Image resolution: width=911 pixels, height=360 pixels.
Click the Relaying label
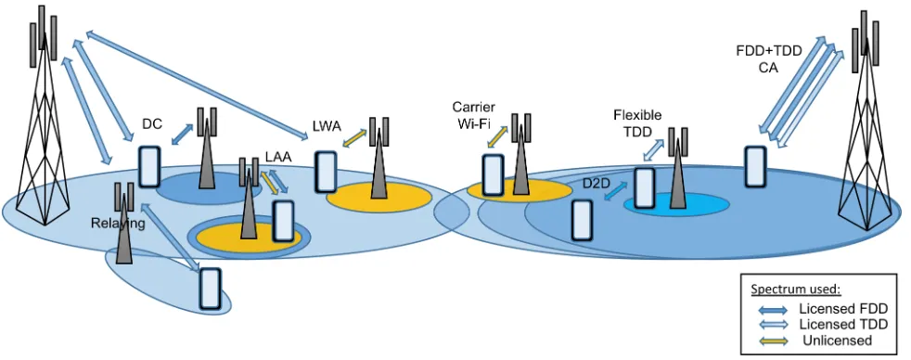coord(118,224)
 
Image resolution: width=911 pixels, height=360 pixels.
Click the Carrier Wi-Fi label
coord(473,115)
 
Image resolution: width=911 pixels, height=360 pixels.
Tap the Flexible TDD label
coord(637,123)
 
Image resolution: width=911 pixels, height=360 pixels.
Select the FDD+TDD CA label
coord(769,58)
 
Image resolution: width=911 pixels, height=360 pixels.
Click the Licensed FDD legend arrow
coord(770,310)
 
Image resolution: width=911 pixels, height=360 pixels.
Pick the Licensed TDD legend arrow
coord(770,324)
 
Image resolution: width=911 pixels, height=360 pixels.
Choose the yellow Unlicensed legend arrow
coord(770,340)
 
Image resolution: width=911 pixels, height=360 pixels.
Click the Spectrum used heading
coord(795,289)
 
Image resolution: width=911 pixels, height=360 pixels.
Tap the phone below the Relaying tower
coord(211,288)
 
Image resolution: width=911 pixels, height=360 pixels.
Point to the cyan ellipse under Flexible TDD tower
coord(676,205)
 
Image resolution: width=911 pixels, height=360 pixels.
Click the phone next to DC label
coord(149,167)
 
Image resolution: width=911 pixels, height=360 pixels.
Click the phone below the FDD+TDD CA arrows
coord(755,167)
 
